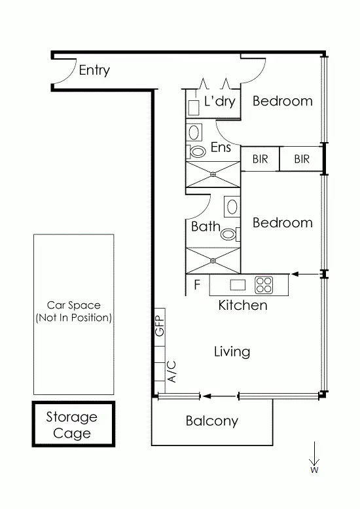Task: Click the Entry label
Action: click(x=94, y=70)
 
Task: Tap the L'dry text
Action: click(x=219, y=102)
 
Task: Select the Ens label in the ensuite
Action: click(x=221, y=147)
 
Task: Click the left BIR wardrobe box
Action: click(x=261, y=159)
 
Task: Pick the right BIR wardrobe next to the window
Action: click(x=301, y=159)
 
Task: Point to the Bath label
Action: click(x=206, y=227)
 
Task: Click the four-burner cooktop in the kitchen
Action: click(x=264, y=285)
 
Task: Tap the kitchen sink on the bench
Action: click(x=237, y=285)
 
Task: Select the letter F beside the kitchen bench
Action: click(x=196, y=285)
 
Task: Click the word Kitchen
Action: click(x=242, y=305)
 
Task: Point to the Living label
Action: click(x=232, y=352)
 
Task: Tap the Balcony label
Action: click(x=211, y=421)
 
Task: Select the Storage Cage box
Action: click(x=73, y=424)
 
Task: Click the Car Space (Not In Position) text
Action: click(x=73, y=311)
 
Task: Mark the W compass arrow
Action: click(x=315, y=457)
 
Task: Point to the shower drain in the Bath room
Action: click(x=213, y=260)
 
